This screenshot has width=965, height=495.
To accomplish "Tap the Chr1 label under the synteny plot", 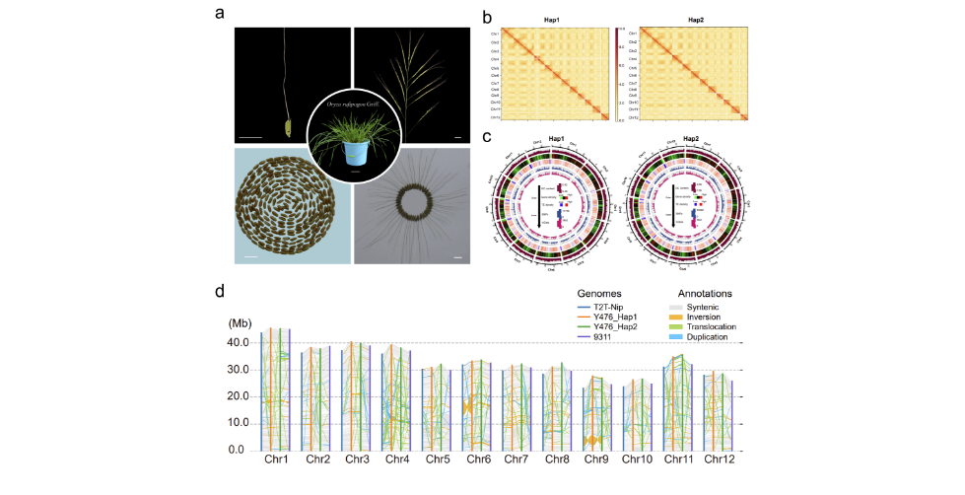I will point(276,460).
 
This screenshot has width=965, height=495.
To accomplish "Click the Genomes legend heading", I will point(603,293).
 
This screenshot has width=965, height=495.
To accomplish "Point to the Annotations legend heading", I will point(708,293).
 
